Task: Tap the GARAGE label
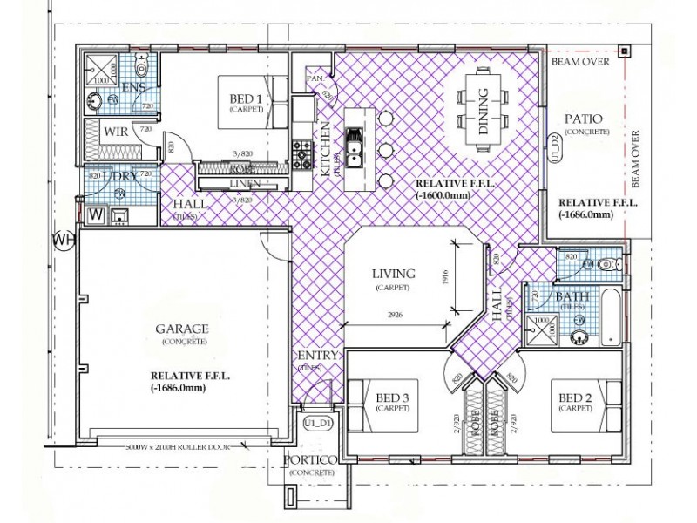[x=181, y=329]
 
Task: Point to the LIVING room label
[x=393, y=275]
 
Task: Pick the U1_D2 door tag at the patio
[x=553, y=147]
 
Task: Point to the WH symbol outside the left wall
[x=62, y=238]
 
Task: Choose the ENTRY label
[x=312, y=357]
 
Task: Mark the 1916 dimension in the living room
[x=446, y=276]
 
